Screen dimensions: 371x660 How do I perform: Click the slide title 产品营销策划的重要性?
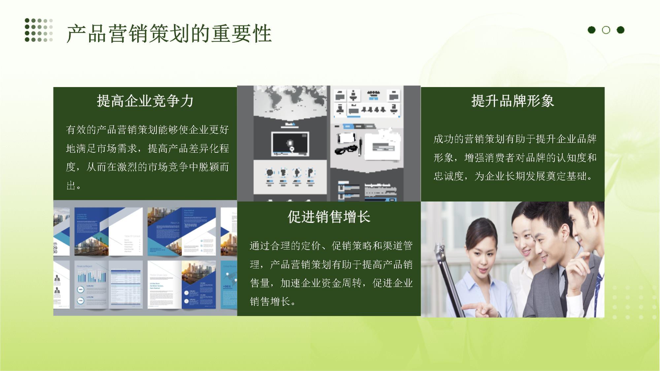click(169, 34)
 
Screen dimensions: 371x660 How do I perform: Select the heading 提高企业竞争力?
click(145, 101)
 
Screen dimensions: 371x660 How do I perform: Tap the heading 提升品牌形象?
click(512, 101)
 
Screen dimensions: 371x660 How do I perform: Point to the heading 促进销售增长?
click(329, 217)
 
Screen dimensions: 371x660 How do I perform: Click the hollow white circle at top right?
click(606, 30)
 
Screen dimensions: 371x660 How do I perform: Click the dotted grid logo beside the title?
click(39, 30)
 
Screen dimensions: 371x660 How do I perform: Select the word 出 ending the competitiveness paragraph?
click(71, 186)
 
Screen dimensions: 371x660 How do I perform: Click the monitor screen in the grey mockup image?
click(290, 144)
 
